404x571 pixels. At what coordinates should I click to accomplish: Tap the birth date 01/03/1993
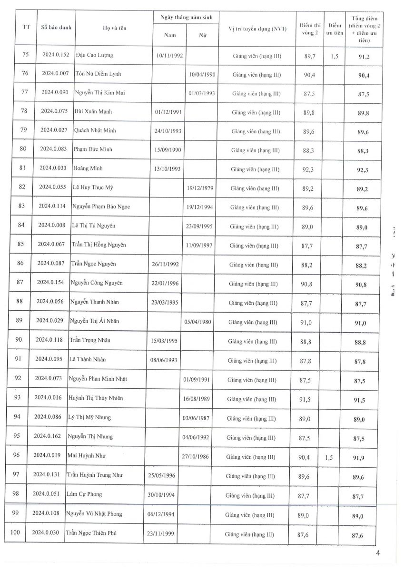point(202,93)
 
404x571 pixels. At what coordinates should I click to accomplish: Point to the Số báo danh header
point(56,27)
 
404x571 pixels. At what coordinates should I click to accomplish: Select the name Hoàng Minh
point(88,168)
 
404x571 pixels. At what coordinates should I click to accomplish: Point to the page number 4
point(378,553)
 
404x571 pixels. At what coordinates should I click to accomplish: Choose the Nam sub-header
point(170,35)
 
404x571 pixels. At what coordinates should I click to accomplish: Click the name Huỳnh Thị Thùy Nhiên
point(92,398)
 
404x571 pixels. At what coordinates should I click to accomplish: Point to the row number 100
point(15,532)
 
